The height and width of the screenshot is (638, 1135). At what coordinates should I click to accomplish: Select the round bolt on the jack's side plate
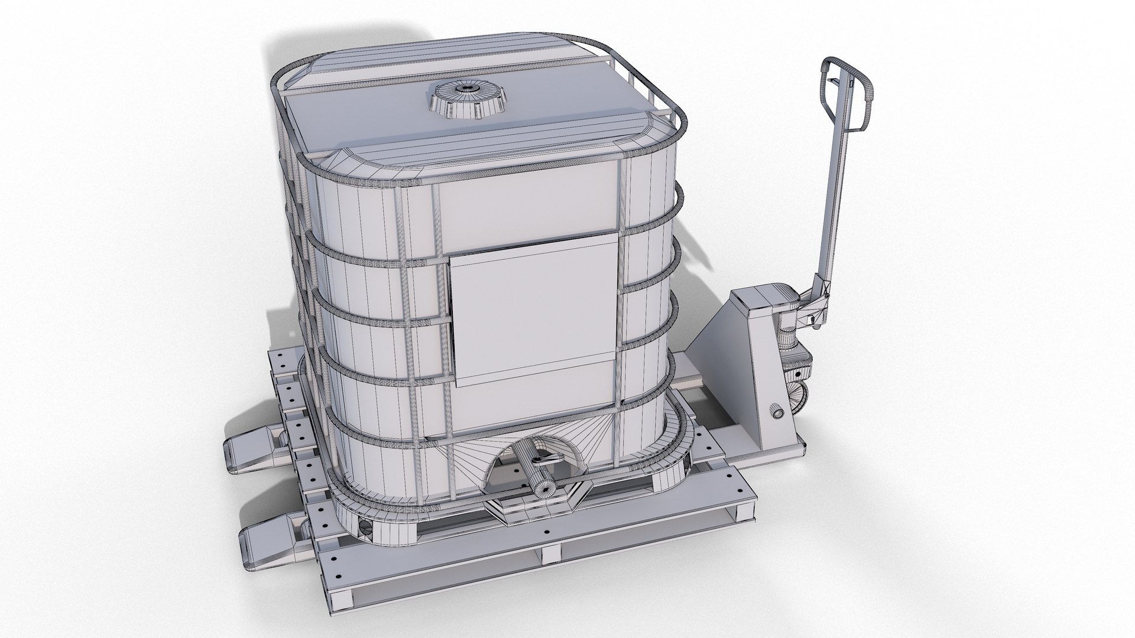pyautogui.click(x=775, y=412)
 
